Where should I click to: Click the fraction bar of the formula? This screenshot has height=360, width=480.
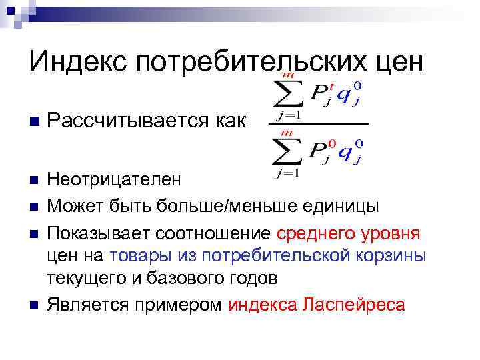[x=318, y=125]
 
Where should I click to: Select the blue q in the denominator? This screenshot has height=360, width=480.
[x=346, y=152]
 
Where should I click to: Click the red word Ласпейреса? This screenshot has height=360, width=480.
[x=353, y=305]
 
